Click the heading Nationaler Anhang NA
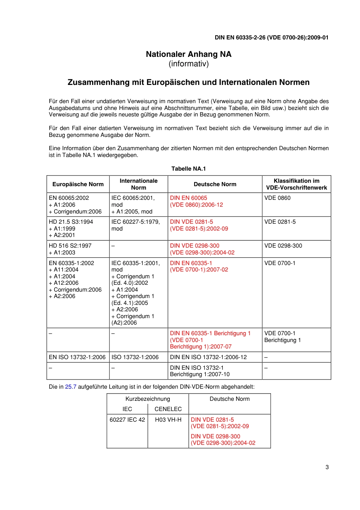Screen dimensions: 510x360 point(188,54)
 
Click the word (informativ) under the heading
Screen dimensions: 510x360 point(188,64)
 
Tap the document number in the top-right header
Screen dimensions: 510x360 point(271,38)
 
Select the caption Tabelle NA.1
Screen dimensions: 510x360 point(188,169)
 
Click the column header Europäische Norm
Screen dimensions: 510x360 point(78,184)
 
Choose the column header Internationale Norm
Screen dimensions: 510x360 point(138,184)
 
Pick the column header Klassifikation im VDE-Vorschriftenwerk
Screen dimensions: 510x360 point(296,184)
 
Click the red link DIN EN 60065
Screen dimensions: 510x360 point(189,198)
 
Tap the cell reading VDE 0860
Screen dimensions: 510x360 point(277,198)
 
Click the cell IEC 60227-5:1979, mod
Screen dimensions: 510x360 point(135,225)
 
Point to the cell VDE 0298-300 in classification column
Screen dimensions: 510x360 point(283,246)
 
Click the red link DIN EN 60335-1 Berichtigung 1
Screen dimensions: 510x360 point(210,333)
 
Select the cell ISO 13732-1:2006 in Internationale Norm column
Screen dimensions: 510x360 point(135,357)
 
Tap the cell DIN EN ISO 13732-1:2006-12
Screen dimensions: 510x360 point(208,357)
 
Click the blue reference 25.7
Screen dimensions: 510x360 point(70,387)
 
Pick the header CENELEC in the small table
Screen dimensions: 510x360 point(168,409)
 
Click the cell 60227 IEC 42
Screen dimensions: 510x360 point(127,420)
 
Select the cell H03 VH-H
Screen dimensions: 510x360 point(168,420)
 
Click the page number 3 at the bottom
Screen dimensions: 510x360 point(327,467)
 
